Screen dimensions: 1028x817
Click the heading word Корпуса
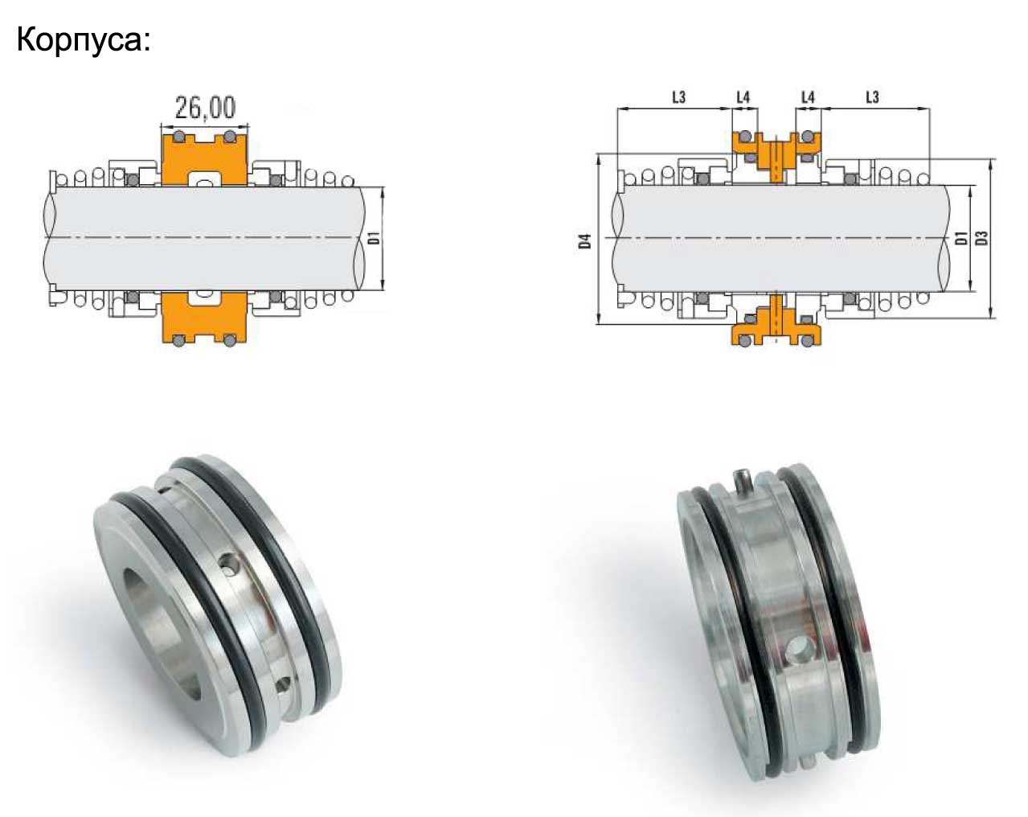tap(80, 40)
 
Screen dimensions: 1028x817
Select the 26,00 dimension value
tap(205, 108)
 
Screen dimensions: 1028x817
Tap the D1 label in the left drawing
tap(375, 238)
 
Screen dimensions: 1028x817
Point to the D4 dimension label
tap(585, 240)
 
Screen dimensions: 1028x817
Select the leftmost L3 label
tap(679, 97)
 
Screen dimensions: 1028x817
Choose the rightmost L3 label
tap(872, 97)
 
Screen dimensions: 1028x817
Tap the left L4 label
tap(743, 97)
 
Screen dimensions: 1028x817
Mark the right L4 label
tap(808, 97)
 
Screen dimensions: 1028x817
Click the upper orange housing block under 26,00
tap(204, 160)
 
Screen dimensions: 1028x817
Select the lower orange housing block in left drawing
tap(204, 318)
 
